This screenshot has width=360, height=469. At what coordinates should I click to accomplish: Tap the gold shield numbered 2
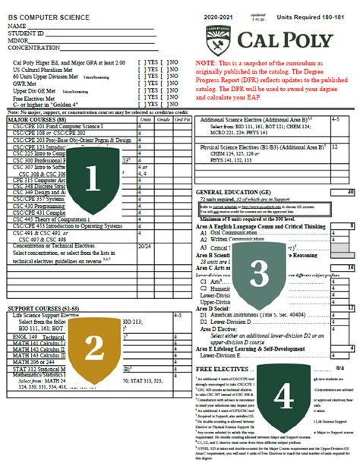(93, 348)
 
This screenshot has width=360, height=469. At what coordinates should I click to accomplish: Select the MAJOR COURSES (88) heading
(35, 118)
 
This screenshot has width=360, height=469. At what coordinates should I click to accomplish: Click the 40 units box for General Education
(349, 193)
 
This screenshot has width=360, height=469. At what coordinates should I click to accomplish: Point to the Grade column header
(164, 118)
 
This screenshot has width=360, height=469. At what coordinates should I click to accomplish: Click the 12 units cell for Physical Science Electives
(336, 146)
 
